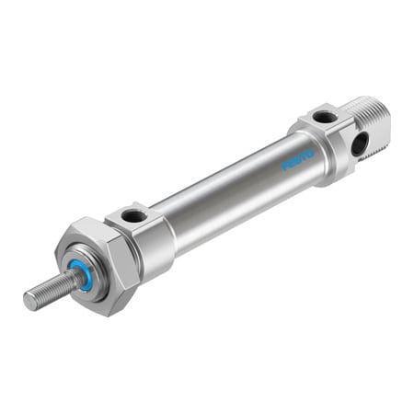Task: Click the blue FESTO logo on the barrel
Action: coord(298,158)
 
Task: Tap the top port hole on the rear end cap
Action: coord(324,117)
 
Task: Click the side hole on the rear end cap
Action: coord(360,142)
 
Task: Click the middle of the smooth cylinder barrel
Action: coord(230,193)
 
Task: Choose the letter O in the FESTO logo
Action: coord(310,152)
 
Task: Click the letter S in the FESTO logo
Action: coord(298,158)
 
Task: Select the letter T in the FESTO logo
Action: coord(304,155)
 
